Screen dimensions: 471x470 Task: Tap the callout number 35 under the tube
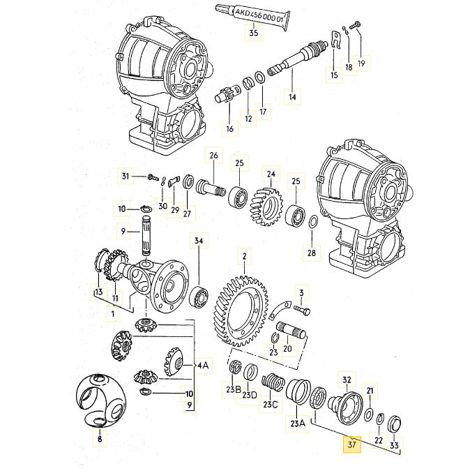coord(253,33)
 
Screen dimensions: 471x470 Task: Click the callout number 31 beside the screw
coord(126,176)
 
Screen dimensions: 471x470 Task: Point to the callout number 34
coord(199,241)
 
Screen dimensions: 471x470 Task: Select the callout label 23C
coord(270,405)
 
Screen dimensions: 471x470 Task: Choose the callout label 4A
coord(202,364)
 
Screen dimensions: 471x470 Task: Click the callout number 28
coord(311,252)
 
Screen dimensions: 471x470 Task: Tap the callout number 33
coord(394,445)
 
